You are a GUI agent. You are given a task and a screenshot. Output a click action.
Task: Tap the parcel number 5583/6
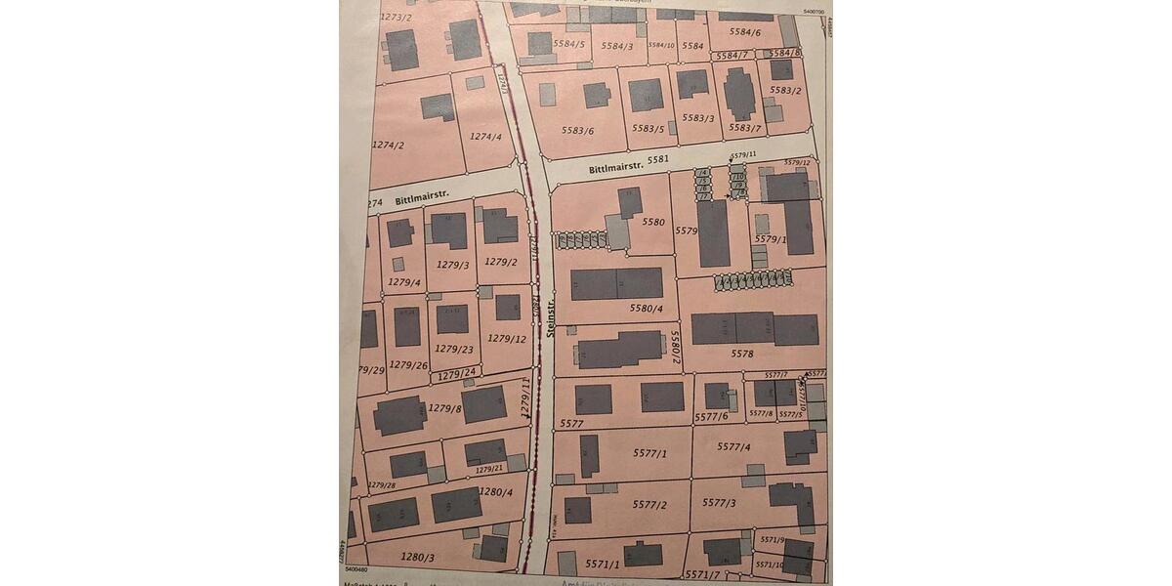[x=577, y=130]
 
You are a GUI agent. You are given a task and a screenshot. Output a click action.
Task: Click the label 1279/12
[x=507, y=339]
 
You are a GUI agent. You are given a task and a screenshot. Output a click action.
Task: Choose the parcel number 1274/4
[x=485, y=137]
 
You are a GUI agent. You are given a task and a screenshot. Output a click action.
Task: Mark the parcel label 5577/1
[x=649, y=453]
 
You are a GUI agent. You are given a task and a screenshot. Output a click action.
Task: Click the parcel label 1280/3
[x=417, y=556]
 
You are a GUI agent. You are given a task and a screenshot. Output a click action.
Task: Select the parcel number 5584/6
[x=744, y=32]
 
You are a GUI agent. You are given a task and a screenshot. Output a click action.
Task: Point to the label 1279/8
[x=444, y=408]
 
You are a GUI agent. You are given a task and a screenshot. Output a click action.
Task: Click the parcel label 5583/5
[x=648, y=128]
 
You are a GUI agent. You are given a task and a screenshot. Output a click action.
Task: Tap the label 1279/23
[x=454, y=349]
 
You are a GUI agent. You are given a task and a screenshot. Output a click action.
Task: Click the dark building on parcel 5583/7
[x=739, y=94]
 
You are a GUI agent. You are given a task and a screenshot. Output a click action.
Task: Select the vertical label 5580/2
[x=674, y=346]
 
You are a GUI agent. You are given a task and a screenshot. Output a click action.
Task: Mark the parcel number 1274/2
[x=388, y=146]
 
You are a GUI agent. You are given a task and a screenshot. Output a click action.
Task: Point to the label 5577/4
[x=733, y=446]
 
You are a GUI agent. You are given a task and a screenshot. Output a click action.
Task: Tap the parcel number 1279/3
[x=452, y=265]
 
